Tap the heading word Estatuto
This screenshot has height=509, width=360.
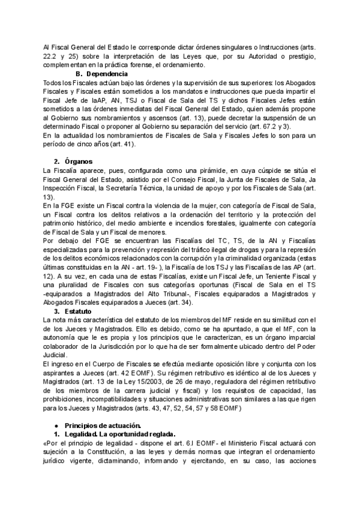click(x=79, y=312)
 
